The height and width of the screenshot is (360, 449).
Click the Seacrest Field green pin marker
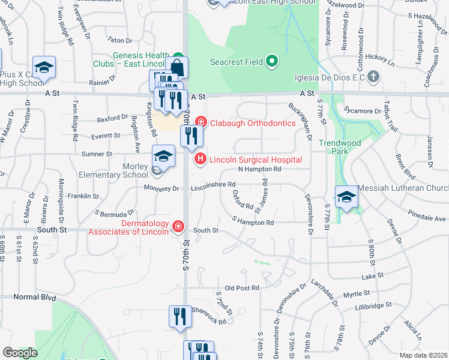(x=271, y=61)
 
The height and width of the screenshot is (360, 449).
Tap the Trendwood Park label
(x=334, y=147)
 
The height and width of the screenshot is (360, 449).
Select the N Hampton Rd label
(x=260, y=170)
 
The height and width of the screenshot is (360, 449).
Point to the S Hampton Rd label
(x=253, y=223)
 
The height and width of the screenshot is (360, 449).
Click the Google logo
(x=20, y=353)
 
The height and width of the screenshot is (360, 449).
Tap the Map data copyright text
(x=423, y=355)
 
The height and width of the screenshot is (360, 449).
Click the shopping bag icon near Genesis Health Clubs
(x=178, y=67)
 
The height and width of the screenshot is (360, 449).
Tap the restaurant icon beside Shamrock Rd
(x=179, y=316)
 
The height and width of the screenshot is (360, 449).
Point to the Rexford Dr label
(x=113, y=118)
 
